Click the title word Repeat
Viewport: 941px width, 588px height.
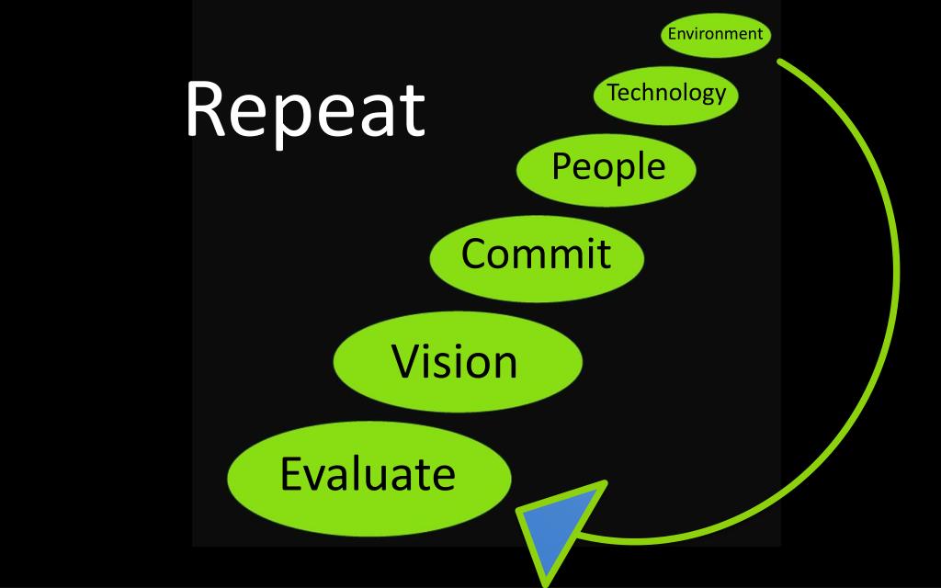pos(304,110)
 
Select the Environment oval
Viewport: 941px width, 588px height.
pos(716,35)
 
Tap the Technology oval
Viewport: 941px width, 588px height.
pos(666,94)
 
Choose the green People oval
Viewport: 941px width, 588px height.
pos(607,169)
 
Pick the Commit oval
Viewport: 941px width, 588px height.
pos(537,254)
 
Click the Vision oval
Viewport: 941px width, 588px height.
pos(457,361)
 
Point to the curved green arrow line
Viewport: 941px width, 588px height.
pos(894,276)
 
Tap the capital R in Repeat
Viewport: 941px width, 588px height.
pos(206,110)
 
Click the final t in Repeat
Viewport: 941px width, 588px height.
pos(412,112)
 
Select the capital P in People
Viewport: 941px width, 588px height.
pos(561,166)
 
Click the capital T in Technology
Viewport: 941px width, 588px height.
pos(613,92)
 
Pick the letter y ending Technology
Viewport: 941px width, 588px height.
pos(720,96)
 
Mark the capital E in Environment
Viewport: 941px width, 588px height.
pos(672,34)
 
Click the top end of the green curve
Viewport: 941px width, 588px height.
pos(781,62)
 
